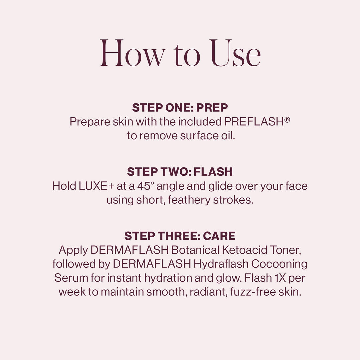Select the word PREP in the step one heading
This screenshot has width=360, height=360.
pyautogui.click(x=212, y=108)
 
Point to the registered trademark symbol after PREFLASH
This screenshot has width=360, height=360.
pyautogui.click(x=287, y=119)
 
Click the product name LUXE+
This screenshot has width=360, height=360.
pyautogui.click(x=97, y=186)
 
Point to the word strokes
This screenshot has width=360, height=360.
pyautogui.click(x=233, y=200)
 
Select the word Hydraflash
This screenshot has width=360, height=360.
pyautogui.click(x=221, y=264)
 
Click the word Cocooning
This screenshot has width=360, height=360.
pyautogui.click(x=279, y=264)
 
